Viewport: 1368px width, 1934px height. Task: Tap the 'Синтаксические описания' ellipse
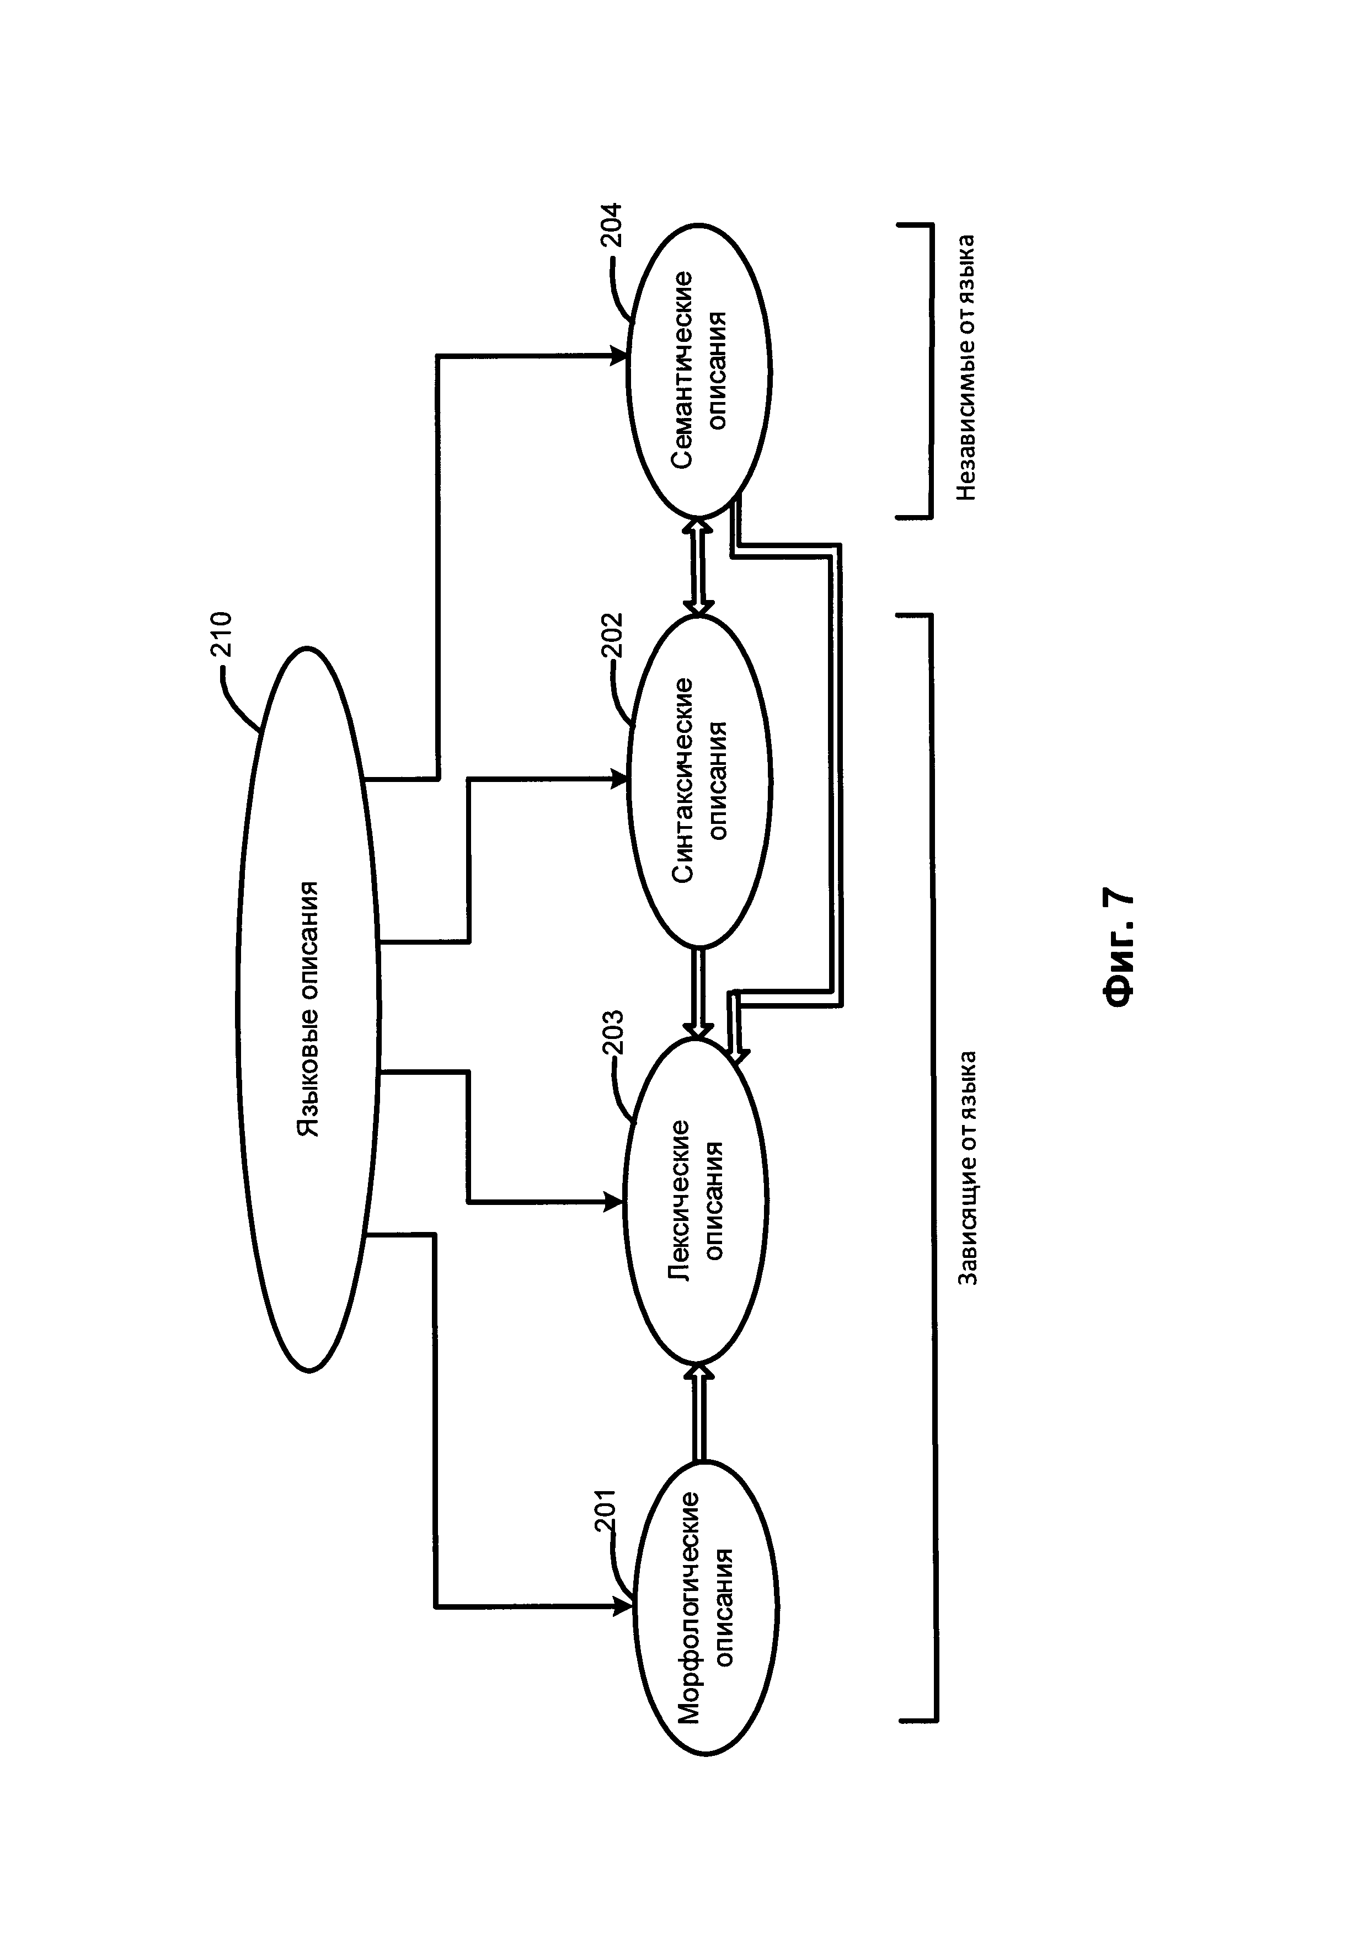[699, 781]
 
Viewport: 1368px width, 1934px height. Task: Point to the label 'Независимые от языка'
[966, 366]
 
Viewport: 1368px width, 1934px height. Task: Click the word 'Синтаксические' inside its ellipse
[682, 781]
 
